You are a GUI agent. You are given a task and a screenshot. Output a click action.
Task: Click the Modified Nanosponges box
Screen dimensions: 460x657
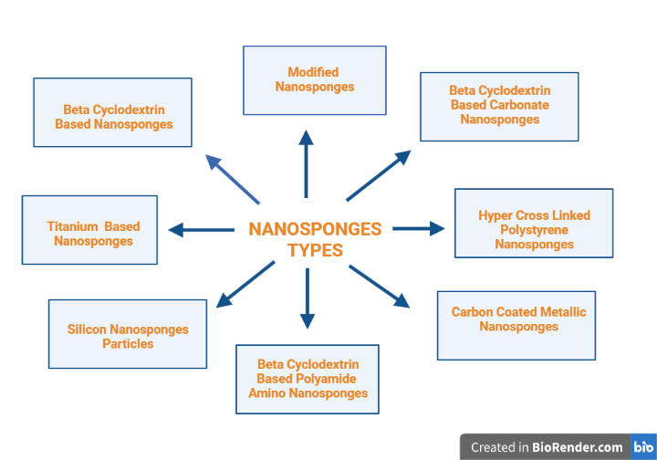(314, 80)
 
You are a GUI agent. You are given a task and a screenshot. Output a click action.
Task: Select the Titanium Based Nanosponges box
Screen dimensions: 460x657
(89, 230)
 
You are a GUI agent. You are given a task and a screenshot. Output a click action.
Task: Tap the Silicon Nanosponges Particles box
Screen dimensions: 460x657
(128, 334)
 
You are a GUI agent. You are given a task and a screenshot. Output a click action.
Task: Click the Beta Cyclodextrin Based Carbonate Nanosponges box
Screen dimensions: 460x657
(499, 107)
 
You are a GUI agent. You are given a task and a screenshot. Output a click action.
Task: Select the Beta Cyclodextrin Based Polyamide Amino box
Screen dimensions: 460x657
(308, 379)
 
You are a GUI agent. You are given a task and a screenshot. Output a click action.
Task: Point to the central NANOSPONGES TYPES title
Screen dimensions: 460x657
(315, 239)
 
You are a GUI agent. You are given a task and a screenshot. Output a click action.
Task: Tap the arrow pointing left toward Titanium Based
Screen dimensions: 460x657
(201, 230)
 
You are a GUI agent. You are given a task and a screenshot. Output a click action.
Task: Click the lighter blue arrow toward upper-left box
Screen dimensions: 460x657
(232, 178)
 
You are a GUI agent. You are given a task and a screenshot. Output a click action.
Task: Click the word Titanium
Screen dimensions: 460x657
(72, 226)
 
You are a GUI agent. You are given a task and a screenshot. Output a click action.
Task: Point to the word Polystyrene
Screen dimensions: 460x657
(534, 230)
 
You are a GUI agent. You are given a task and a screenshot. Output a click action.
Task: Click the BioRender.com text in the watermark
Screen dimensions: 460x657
(579, 447)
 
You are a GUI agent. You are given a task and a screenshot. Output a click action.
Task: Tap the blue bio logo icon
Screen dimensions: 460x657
(642, 447)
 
